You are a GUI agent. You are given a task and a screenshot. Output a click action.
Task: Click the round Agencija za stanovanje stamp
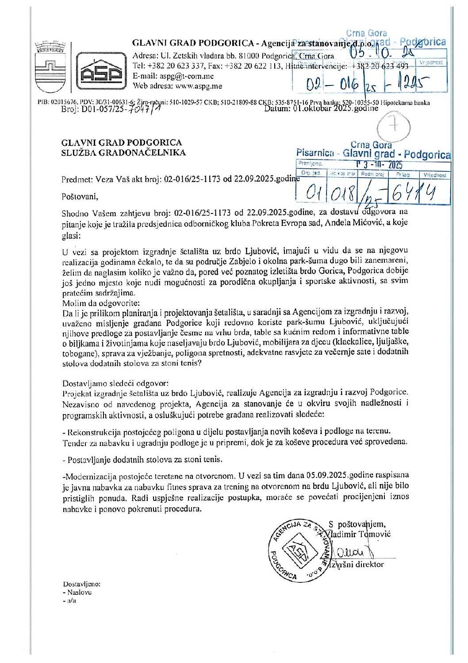tap(299, 550)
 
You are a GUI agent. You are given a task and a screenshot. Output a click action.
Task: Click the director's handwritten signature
tap(352, 551)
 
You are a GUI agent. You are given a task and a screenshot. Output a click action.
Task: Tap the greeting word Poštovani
tap(78, 196)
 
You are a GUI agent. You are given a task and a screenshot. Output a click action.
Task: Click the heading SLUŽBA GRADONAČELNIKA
tap(124, 153)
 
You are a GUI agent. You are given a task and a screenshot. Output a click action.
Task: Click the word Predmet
tap(76, 180)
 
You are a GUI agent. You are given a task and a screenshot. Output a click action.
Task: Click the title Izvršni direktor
tap(357, 564)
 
